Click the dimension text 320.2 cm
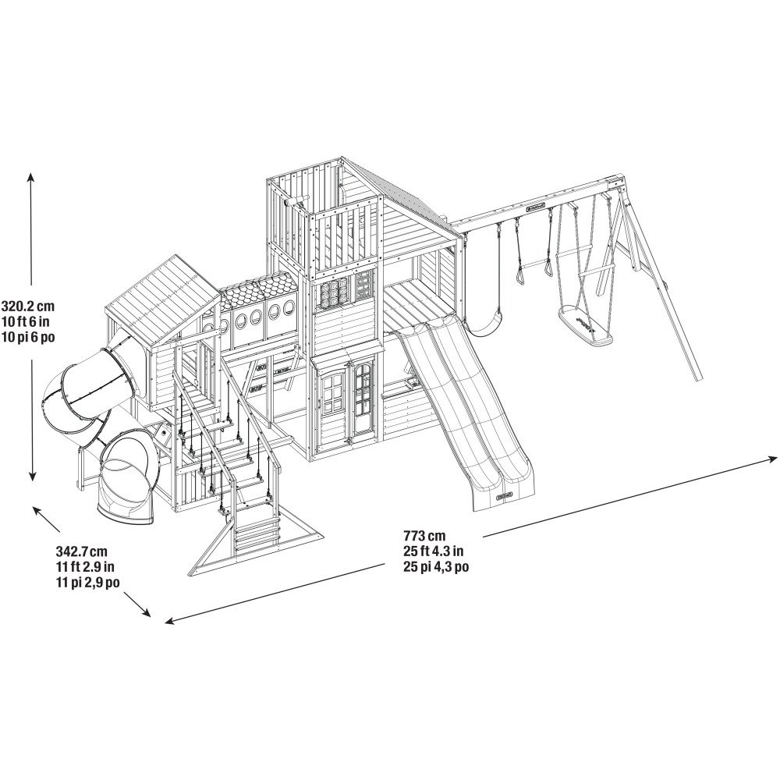28,305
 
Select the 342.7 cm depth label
82,551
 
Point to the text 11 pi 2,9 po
87,582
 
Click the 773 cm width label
425,536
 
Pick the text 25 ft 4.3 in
434,551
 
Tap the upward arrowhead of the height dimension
31,178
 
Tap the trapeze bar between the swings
532,263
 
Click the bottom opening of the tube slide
124,477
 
